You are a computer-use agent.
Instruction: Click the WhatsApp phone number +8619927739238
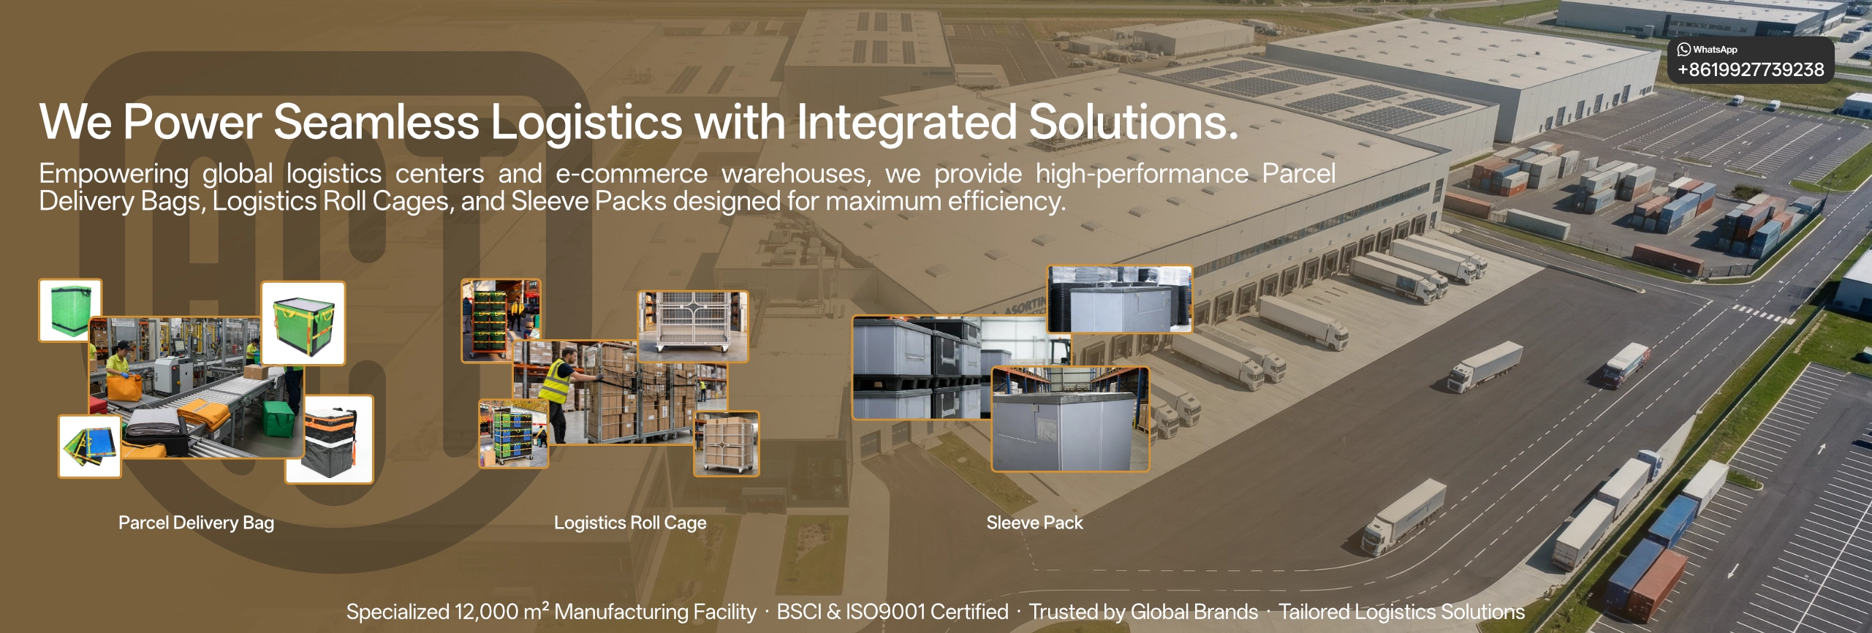(x=1751, y=69)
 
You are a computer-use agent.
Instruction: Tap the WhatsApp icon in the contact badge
(x=1684, y=49)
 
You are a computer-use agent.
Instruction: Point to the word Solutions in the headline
(x=1134, y=121)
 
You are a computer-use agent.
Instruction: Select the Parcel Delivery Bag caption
(x=196, y=523)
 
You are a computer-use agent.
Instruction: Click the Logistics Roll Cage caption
(x=630, y=523)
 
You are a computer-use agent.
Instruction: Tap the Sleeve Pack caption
(x=1034, y=523)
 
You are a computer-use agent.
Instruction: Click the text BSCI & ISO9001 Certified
(x=893, y=612)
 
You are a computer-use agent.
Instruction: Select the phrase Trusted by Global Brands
(x=1143, y=612)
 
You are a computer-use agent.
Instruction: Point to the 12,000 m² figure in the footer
(x=501, y=612)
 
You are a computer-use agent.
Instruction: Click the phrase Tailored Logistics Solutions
(x=1401, y=612)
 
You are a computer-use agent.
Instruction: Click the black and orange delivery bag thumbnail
(x=330, y=439)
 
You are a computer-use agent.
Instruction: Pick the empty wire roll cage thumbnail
(x=693, y=326)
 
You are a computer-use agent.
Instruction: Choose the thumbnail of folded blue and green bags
(x=90, y=447)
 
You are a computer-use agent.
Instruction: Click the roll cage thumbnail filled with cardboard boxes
(x=727, y=444)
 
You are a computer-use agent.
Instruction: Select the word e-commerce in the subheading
(x=632, y=174)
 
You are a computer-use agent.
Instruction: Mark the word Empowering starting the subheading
(x=114, y=175)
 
